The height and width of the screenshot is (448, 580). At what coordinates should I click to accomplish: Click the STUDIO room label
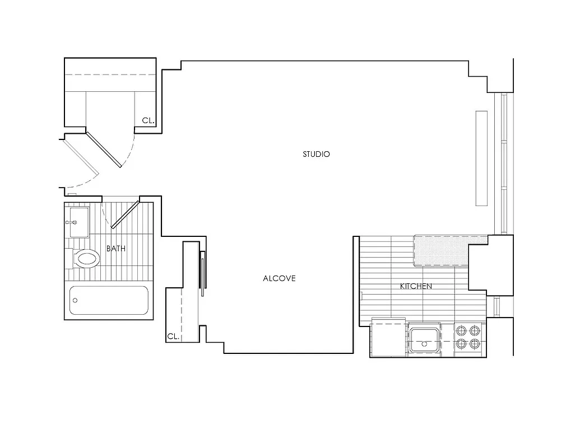coord(316,154)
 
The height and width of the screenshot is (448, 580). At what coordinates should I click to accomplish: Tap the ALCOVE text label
coord(279,278)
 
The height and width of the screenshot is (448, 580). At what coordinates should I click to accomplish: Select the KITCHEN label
coord(416,286)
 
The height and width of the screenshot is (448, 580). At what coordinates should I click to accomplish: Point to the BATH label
coord(116,249)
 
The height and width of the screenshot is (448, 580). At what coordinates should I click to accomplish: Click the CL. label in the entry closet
coord(148,120)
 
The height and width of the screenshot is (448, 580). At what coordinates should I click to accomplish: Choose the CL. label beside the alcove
coord(173,337)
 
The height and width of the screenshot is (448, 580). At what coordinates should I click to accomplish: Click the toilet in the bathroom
coord(85,258)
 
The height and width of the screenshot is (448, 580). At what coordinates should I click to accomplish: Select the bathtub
coord(109,300)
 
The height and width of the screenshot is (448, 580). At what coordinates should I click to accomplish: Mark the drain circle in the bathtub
coord(75,300)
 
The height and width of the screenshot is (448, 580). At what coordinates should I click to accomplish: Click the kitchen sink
coord(424,339)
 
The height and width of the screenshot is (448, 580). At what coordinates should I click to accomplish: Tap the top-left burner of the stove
coord(461,330)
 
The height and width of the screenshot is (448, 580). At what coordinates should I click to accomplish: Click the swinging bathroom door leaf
coord(124,214)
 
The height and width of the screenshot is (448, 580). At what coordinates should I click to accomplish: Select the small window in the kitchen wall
coord(497,306)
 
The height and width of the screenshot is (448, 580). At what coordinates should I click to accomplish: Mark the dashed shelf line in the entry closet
coord(110,75)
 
